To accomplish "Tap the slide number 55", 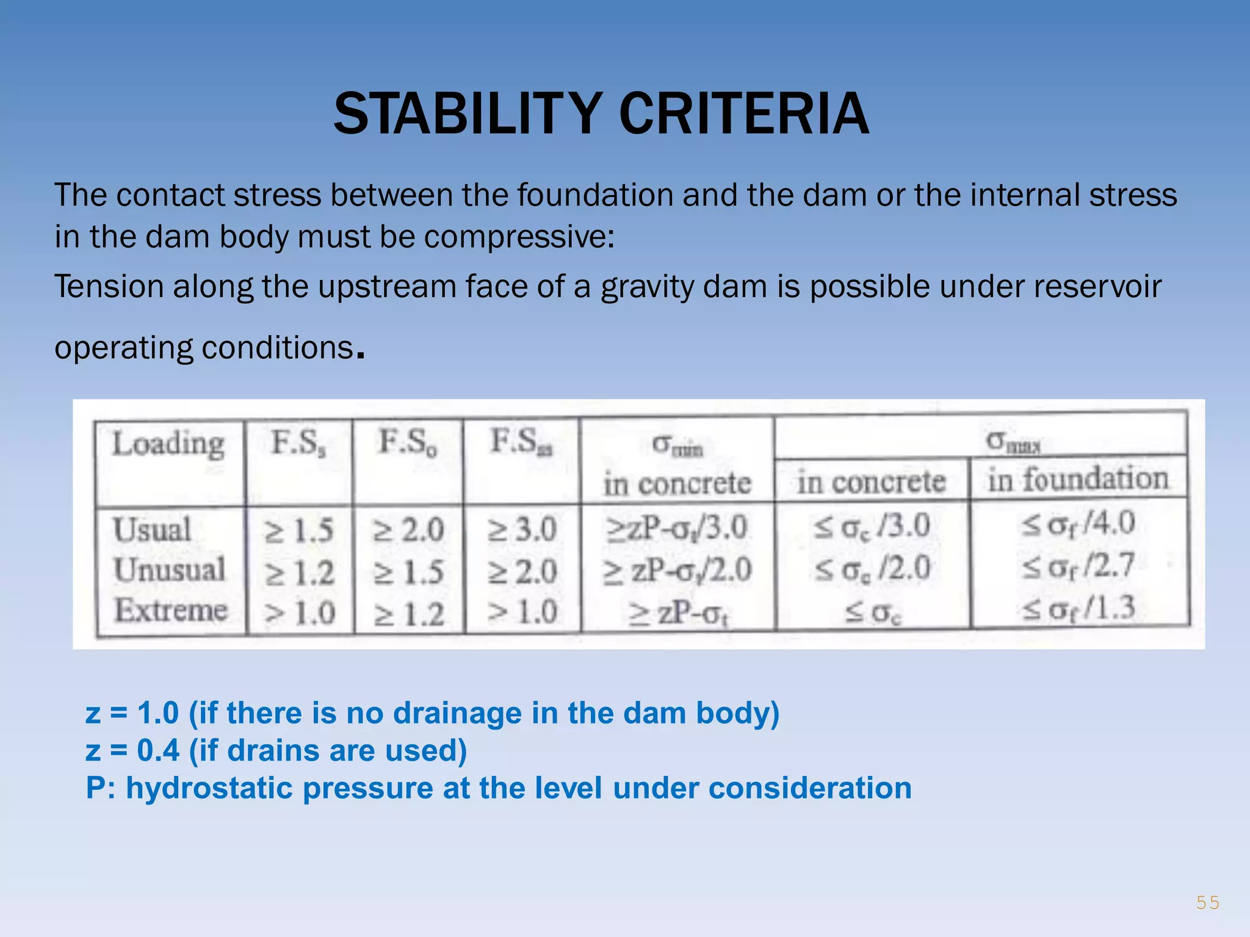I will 1207,902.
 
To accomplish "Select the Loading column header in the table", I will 168,443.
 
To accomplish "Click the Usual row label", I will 152,529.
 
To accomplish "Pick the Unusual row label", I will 169,570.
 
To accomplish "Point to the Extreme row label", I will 171,610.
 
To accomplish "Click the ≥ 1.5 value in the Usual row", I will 299,531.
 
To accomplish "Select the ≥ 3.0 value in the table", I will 522,530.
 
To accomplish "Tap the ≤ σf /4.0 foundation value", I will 1078,524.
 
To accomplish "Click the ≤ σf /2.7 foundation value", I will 1078,566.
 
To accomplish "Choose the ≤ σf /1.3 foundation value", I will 1078,608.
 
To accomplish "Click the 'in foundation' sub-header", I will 1078,479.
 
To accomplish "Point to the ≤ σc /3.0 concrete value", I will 872,526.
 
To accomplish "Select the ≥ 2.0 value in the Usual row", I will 408,530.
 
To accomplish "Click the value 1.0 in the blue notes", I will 157,713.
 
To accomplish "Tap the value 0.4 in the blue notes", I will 157,750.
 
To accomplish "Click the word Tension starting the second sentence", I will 108,287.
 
